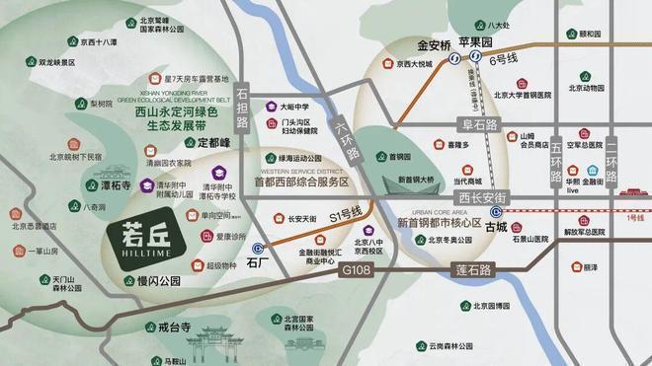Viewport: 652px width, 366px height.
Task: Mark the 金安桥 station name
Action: [x=433, y=44]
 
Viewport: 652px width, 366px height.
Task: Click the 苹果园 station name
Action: [x=487, y=44]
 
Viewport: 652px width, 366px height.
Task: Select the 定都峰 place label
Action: [x=213, y=142]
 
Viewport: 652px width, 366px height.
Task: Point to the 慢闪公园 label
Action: [x=153, y=281]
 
